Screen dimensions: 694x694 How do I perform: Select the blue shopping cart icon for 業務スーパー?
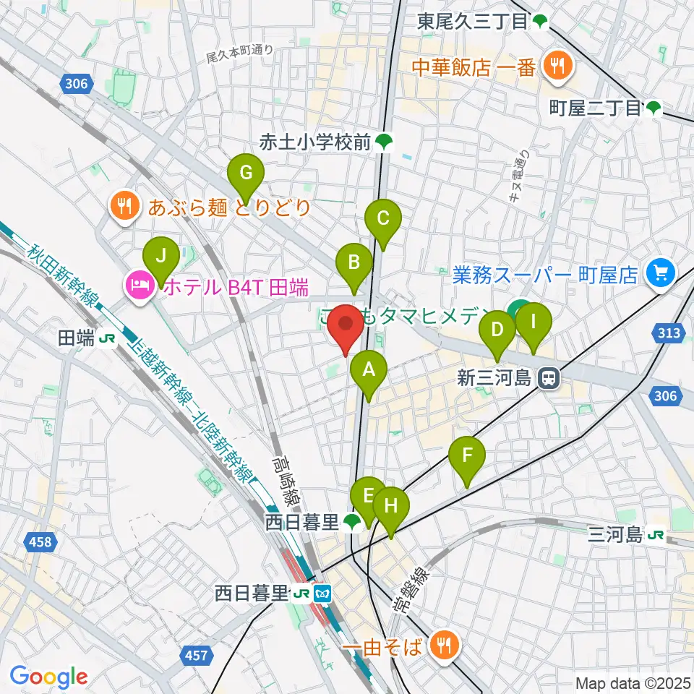click(x=659, y=273)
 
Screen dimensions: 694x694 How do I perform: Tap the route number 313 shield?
click(x=669, y=333)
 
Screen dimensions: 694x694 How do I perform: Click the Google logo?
click(x=48, y=677)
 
